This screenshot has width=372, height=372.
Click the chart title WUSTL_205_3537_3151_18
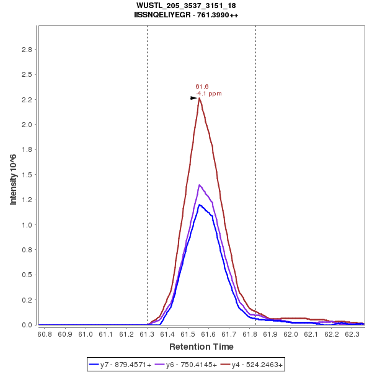tap(185, 6)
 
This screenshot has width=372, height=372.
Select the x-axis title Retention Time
tap(201, 347)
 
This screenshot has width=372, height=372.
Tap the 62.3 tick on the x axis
tap(352, 334)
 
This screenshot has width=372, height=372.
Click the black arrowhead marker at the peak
tap(193, 98)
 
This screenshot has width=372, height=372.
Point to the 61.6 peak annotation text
tap(201, 87)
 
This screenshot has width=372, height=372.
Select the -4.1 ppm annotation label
tap(209, 94)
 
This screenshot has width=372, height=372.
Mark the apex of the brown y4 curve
tap(200, 98)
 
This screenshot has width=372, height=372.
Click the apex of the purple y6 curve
tap(199, 185)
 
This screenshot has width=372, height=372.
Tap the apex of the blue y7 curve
tap(199, 205)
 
